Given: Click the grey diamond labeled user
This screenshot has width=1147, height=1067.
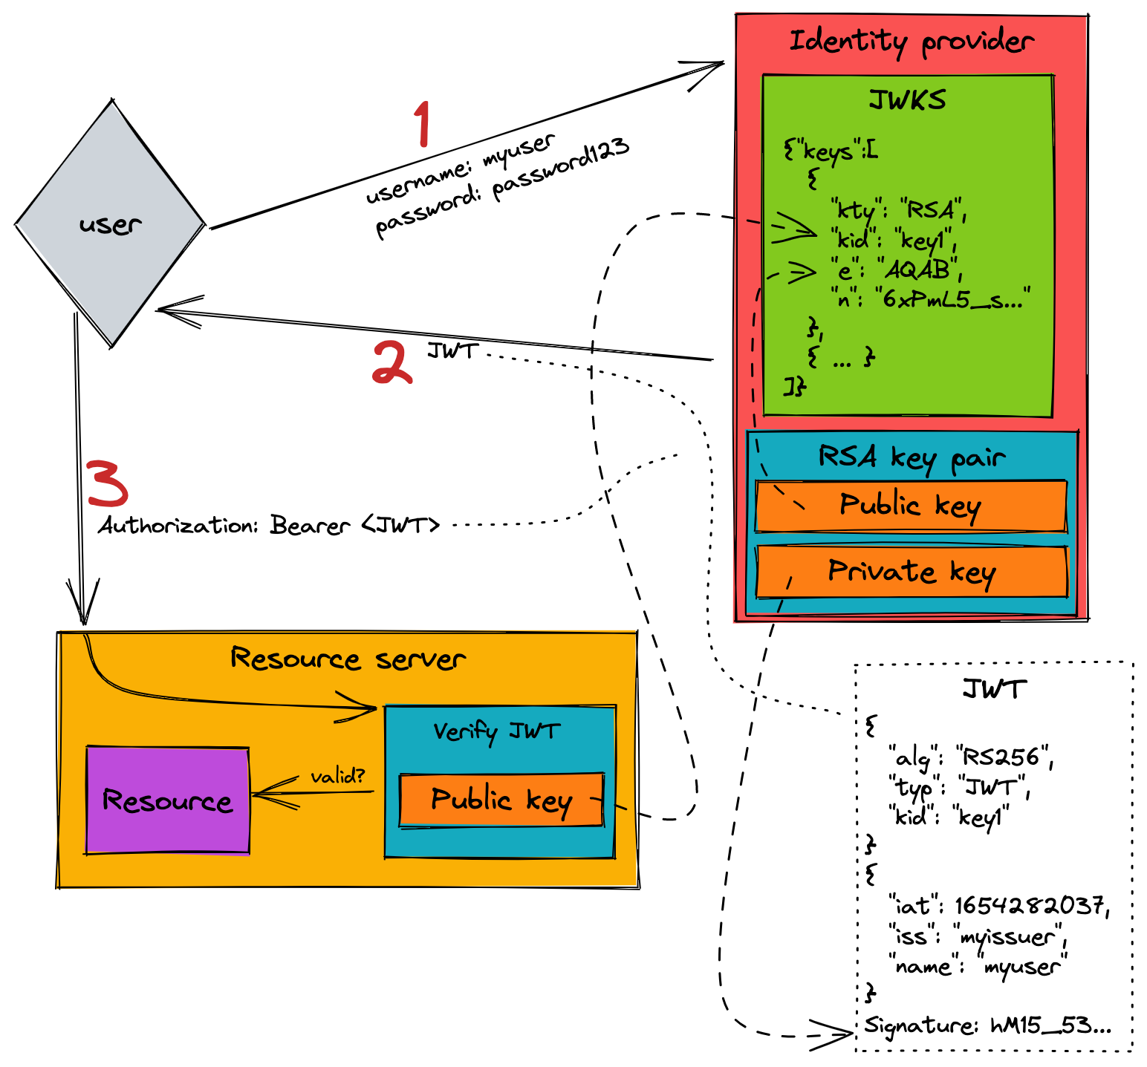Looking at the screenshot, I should [x=111, y=223].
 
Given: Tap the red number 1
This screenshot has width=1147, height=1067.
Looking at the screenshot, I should [x=422, y=124].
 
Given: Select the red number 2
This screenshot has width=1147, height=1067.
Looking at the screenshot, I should [x=391, y=362].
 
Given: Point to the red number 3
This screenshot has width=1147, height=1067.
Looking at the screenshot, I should [x=108, y=483].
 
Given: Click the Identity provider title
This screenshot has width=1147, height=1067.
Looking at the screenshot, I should [x=911, y=42].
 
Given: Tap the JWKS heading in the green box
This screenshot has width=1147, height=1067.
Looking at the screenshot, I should [x=907, y=99].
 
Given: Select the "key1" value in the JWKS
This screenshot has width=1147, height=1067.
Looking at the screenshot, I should [x=923, y=240].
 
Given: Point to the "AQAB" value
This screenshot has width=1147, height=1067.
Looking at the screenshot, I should [x=918, y=270].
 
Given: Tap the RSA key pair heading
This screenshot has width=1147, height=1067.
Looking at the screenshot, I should [x=912, y=457].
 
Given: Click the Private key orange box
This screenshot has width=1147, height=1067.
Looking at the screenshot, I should [x=912, y=572].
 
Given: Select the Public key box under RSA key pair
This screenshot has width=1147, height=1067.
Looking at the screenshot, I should [x=911, y=506].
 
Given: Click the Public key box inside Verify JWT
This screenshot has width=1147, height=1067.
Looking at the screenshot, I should [x=501, y=800].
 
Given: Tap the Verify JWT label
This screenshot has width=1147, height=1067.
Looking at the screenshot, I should [x=496, y=731].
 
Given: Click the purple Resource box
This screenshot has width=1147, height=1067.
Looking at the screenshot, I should [x=168, y=800].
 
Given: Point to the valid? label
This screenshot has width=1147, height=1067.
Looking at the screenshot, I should [x=338, y=776].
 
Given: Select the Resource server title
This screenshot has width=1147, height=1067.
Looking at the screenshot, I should [x=348, y=659].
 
